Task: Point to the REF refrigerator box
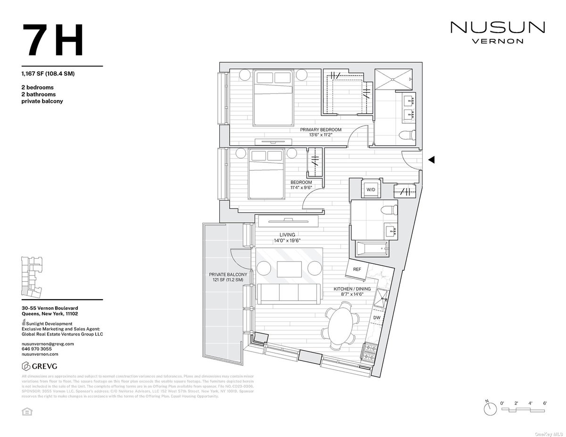click(x=357, y=269)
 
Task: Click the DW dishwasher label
click(x=376, y=318)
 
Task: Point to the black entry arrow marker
click(x=431, y=160)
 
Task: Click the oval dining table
click(x=341, y=324)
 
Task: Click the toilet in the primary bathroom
click(x=406, y=135)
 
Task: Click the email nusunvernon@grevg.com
click(x=48, y=344)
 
